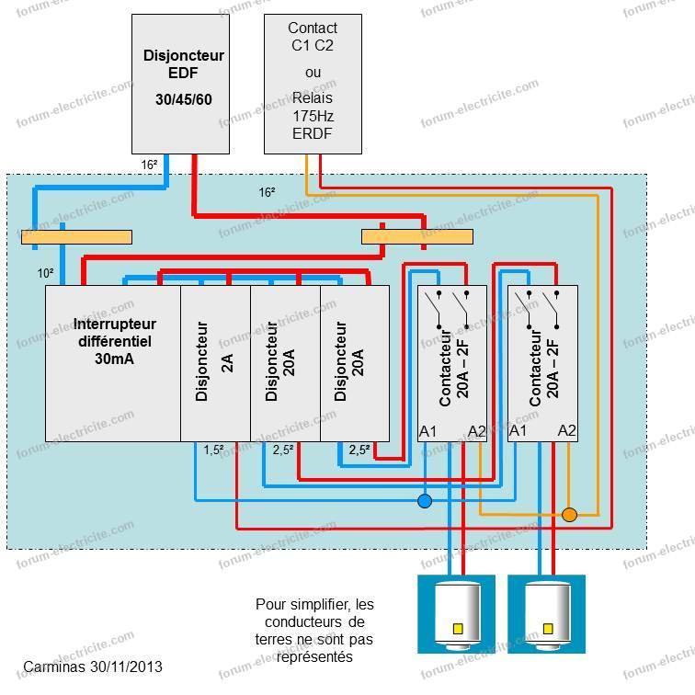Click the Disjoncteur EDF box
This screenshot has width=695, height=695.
pos(180,84)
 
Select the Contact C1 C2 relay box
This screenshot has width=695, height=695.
pos(313,84)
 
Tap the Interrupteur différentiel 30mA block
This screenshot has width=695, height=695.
pos(113,363)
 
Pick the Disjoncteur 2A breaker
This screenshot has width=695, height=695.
pos(215,363)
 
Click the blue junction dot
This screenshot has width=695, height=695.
pos(425,501)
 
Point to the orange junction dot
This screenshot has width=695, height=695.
pos(570,515)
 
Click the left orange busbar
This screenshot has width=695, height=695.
pos(76,237)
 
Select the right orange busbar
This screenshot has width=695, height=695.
pos(417,236)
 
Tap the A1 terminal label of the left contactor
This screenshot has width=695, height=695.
pos(427,431)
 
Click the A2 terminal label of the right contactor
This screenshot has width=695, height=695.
pos(567,430)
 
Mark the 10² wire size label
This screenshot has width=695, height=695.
pos(46,273)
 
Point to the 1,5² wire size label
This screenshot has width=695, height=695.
pos(213,450)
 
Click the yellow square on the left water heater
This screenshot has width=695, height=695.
pos(458,629)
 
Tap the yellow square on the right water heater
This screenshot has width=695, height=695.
pos(548,629)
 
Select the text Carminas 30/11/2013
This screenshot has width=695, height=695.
pos(93,667)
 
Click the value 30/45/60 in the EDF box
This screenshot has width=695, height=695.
pos(184,99)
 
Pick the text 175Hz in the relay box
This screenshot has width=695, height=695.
pos(313,116)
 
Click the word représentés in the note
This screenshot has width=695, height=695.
pos(314,656)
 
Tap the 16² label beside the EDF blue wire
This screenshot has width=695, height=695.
pos(149,165)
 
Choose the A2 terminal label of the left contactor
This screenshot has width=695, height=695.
pos(477,431)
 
